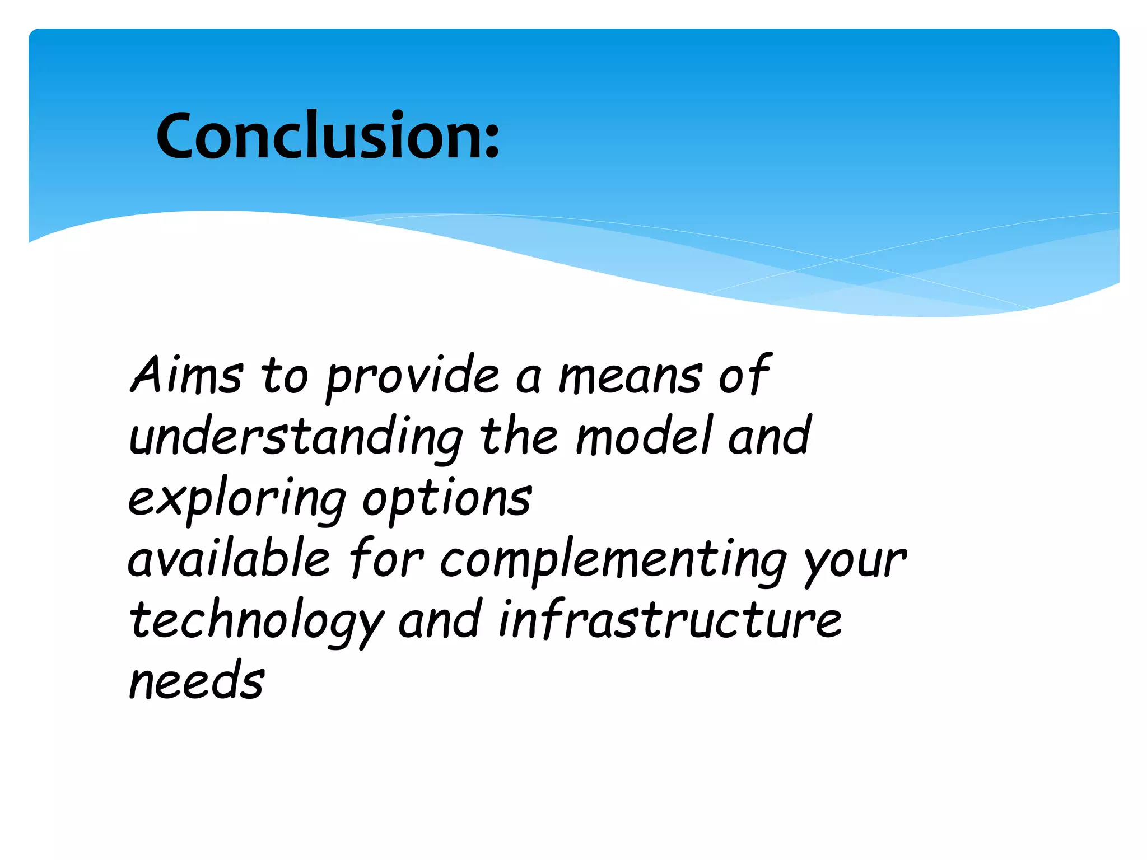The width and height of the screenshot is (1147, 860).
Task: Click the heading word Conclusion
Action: point(319,135)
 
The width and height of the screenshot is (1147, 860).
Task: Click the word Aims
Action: point(187,376)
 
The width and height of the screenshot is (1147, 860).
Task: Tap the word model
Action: point(644,436)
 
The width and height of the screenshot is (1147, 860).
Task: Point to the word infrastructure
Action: point(669,620)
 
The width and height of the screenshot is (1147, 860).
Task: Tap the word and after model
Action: point(768,436)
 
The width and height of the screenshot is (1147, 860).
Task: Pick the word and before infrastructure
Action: point(440,620)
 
